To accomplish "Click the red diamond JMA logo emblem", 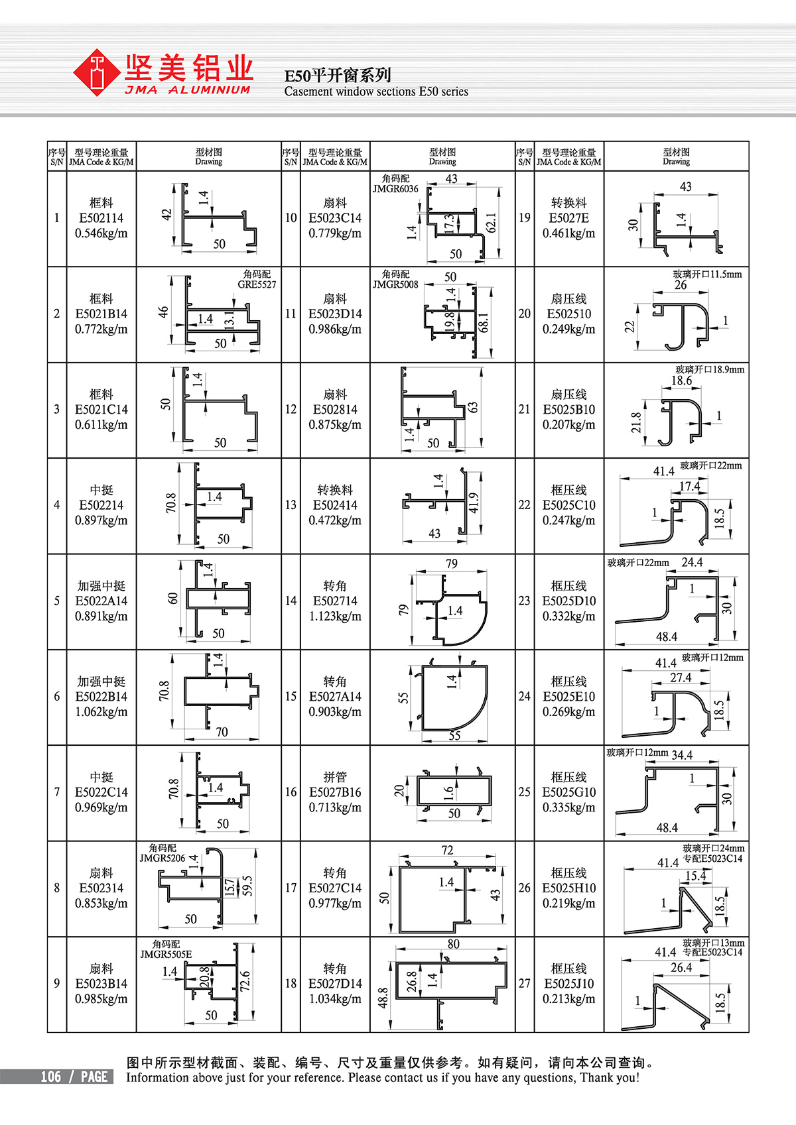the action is [x=96, y=72].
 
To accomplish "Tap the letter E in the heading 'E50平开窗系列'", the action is [x=289, y=76].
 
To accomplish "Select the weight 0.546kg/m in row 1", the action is [x=101, y=233].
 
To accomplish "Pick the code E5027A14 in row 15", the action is [x=335, y=696].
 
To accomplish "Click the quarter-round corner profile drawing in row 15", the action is [x=454, y=697].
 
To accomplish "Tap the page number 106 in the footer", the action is [x=51, y=1077].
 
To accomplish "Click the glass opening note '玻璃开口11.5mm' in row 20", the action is [x=707, y=274].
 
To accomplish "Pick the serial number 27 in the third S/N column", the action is [x=524, y=983].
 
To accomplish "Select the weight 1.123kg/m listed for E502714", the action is [x=335, y=616].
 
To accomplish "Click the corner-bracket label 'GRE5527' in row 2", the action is [x=257, y=284].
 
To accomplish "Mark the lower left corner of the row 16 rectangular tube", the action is [x=418, y=805].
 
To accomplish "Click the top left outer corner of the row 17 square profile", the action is [x=399, y=866].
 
